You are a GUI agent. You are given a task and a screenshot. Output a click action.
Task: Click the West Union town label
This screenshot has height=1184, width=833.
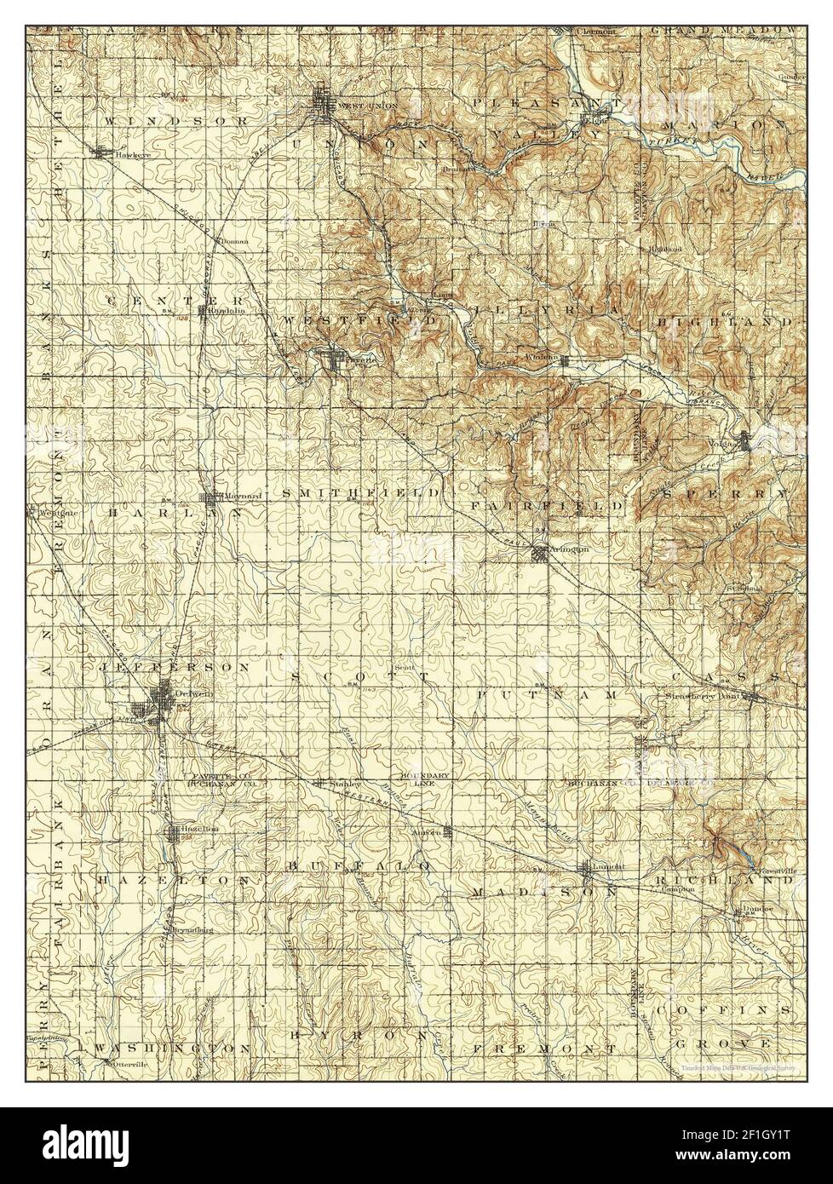tap(356, 105)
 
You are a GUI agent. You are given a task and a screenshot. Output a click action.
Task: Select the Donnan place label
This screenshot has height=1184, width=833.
tap(234, 241)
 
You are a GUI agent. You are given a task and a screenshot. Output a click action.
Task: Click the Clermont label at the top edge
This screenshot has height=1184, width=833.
tap(595, 9)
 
